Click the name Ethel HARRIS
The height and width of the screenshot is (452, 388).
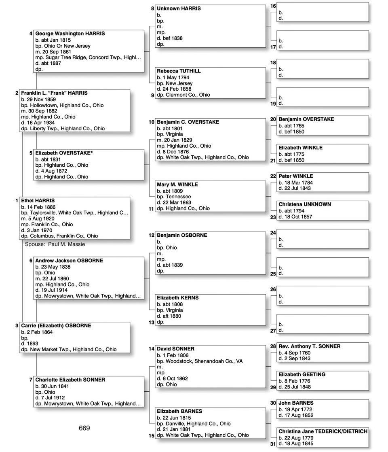(x=38, y=201)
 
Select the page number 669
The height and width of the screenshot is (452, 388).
(x=84, y=428)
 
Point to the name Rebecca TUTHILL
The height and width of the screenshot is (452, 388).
(x=179, y=71)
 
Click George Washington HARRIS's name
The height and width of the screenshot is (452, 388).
(x=70, y=34)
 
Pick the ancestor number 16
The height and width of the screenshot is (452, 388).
(x=273, y=6)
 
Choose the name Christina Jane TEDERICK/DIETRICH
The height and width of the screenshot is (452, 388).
(x=323, y=431)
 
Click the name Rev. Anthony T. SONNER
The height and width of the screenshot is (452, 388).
(x=309, y=346)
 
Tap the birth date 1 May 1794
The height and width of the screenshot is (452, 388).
(x=178, y=77)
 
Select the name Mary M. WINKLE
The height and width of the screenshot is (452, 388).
(x=177, y=185)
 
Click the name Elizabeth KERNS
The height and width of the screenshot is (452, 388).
(x=177, y=298)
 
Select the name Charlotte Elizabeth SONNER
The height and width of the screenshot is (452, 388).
(x=70, y=380)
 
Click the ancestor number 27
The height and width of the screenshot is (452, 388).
(x=273, y=331)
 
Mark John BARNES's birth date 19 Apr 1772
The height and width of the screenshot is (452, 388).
(x=298, y=410)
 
